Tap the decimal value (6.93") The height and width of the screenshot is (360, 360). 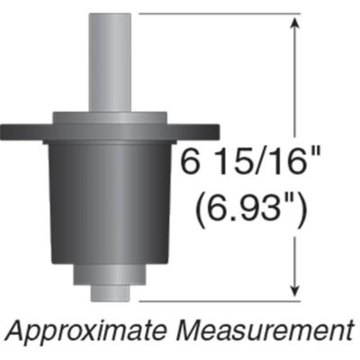pyautogui.click(x=252, y=212)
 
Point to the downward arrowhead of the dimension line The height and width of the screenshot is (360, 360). pyautogui.click(x=294, y=288)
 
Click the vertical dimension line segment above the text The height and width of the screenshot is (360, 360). pyautogui.click(x=294, y=90)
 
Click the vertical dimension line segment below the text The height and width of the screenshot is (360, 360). pyautogui.click(x=294, y=256)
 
